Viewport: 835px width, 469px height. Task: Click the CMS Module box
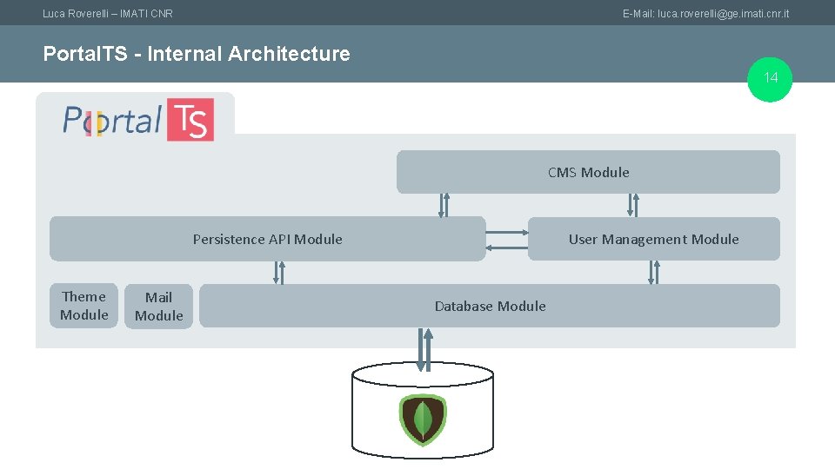tap(588, 172)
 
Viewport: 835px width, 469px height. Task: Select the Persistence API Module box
tap(267, 239)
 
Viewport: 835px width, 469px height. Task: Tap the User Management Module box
tap(653, 239)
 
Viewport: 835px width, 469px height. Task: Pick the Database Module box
tap(490, 306)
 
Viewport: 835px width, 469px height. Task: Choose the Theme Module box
tap(83, 306)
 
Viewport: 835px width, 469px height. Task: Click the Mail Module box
tap(158, 307)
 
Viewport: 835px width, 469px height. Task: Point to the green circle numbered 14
tap(771, 78)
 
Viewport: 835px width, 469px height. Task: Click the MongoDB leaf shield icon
tap(423, 419)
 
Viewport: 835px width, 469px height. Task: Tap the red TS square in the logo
tap(191, 120)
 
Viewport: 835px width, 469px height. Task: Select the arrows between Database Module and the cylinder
tap(424, 349)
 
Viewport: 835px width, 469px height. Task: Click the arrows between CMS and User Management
tap(633, 205)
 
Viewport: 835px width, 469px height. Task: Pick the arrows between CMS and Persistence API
tap(444, 205)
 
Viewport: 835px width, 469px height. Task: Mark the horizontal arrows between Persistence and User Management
tap(507, 240)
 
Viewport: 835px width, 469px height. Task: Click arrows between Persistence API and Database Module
tap(278, 273)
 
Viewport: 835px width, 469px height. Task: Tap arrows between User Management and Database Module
tap(653, 273)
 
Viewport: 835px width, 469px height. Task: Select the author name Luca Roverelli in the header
tap(77, 14)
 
